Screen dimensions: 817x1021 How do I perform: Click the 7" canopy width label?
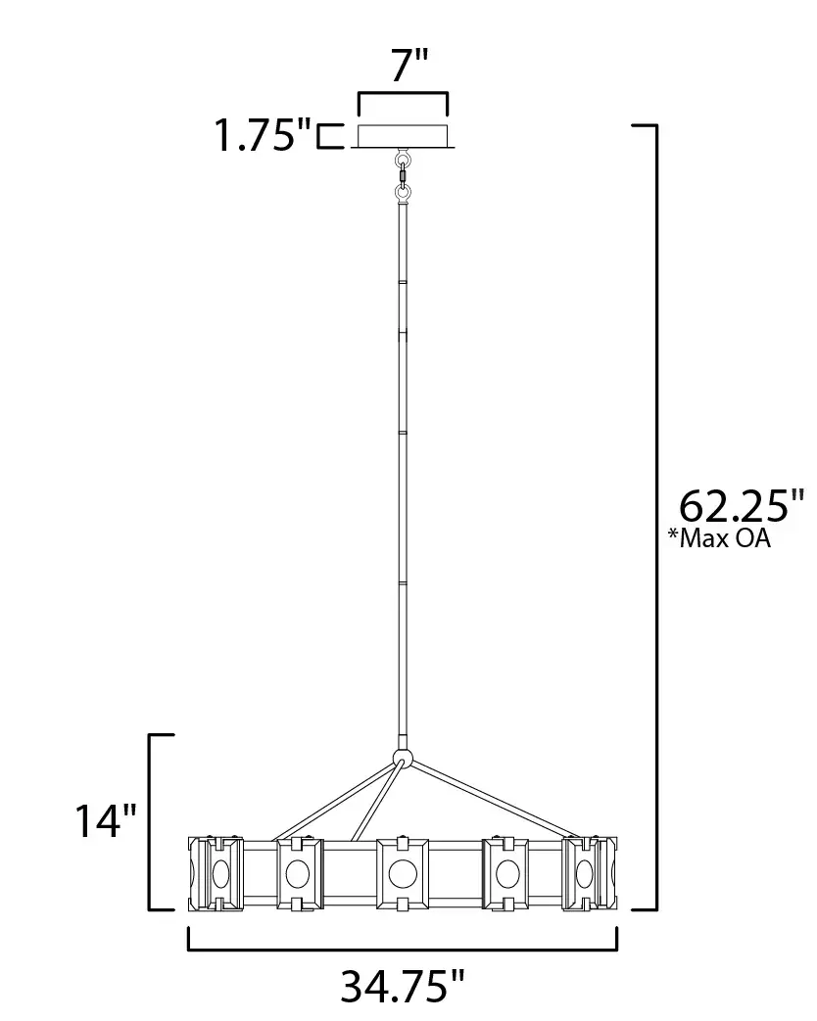coord(409,66)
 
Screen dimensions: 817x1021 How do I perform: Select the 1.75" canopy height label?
coord(264,135)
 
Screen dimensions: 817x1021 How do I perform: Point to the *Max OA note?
coord(719,538)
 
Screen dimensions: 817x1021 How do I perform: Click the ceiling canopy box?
coord(403,136)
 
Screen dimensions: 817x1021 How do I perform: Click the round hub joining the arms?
coord(404,758)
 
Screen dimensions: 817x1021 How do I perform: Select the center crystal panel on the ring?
coord(403,874)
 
